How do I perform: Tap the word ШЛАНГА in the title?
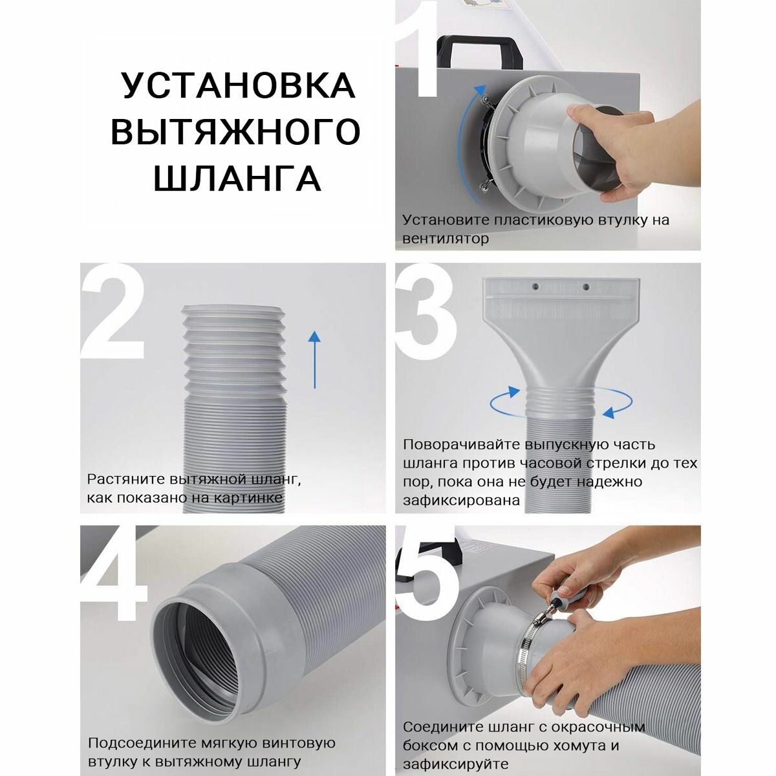point(237,177)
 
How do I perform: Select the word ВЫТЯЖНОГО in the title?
point(235,131)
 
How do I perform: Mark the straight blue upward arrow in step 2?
point(314,360)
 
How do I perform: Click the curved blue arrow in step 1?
point(466,141)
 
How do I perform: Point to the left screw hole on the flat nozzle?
point(535,286)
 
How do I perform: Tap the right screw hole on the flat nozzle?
point(586,287)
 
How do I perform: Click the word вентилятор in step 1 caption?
point(446,239)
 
